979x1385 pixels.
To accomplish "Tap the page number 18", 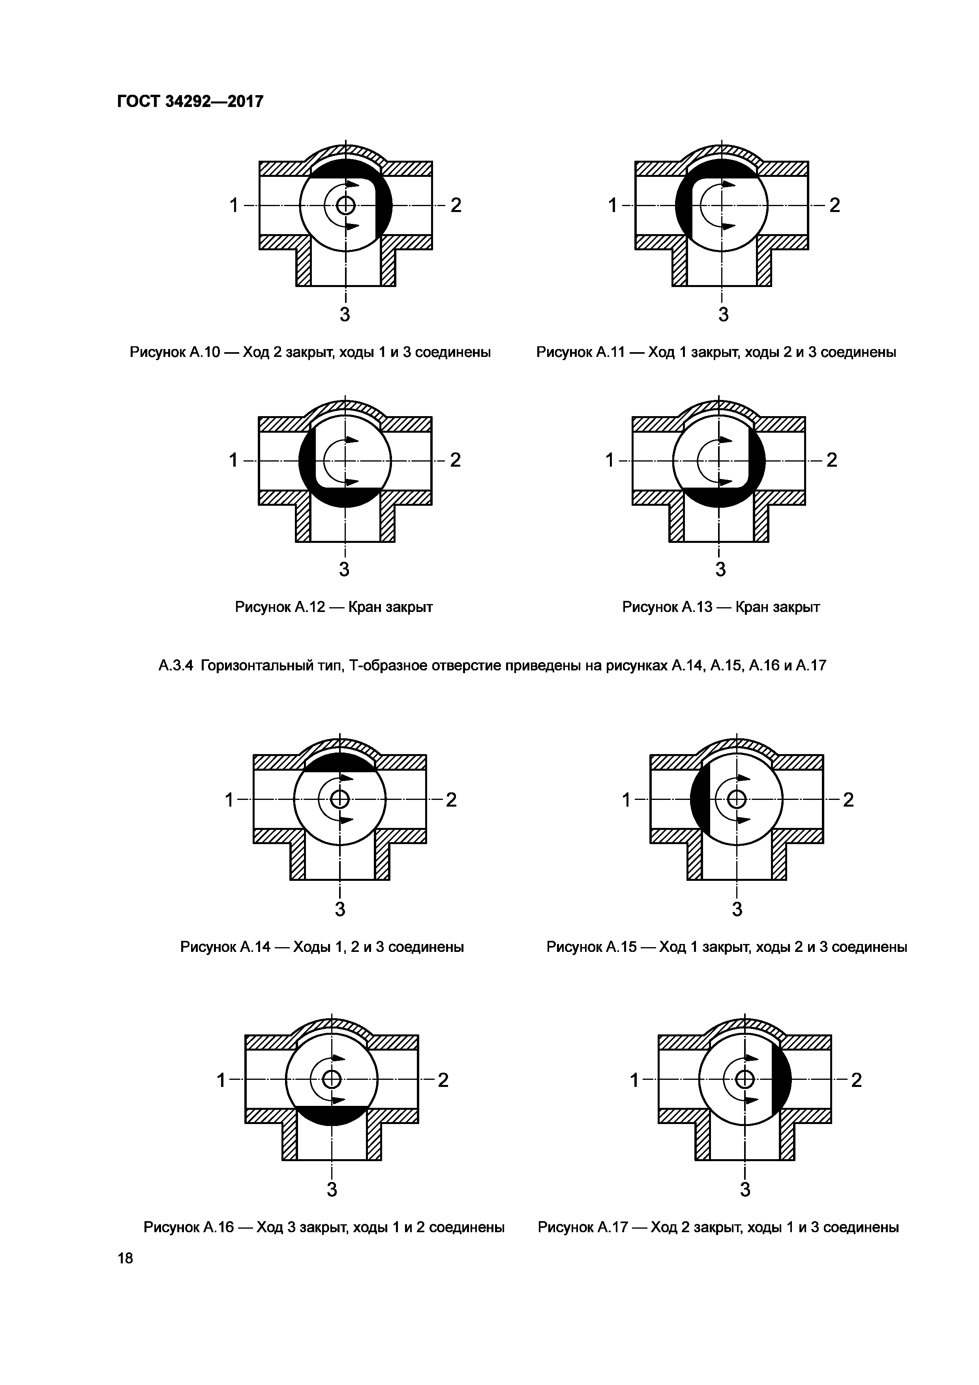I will tap(126, 1258).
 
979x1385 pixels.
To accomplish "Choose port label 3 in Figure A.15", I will tap(737, 909).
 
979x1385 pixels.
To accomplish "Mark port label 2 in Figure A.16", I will tap(443, 1080).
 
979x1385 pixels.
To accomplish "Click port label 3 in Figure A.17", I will tap(746, 1190).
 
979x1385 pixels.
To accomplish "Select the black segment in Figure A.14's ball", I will tap(339, 762).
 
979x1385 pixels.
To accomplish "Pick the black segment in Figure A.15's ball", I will tap(699, 800).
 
